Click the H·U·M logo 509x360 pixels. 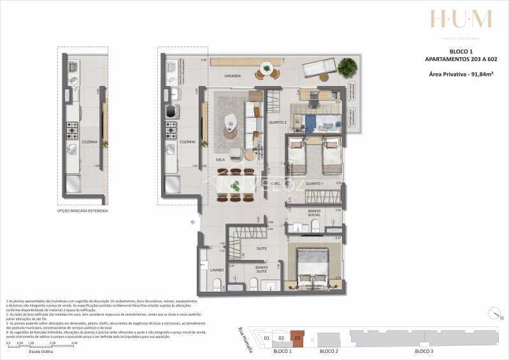[x=461, y=19]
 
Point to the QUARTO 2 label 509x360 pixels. [x=277, y=122]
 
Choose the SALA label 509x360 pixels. [x=221, y=160]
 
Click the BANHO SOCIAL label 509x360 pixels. [x=313, y=213]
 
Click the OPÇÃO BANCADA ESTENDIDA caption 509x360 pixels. [x=82, y=210]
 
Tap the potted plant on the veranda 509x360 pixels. [x=347, y=66]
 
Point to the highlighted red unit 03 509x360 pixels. [x=297, y=338]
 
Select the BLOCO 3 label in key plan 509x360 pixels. [x=424, y=351]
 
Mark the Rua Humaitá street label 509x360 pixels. [x=244, y=338]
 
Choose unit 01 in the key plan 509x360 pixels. [x=268, y=338]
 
